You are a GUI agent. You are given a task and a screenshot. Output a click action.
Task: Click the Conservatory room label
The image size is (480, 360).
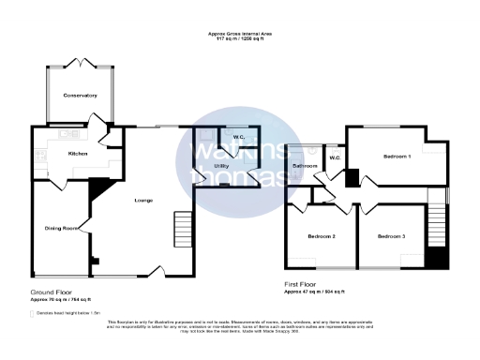pyautogui.click(x=81, y=96)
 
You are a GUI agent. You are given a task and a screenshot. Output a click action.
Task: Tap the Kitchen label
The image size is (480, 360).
pyautogui.click(x=78, y=154)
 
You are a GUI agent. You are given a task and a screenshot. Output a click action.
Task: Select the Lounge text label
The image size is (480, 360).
pyautogui.click(x=143, y=200)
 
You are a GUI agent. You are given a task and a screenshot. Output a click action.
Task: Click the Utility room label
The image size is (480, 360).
pyautogui.click(x=222, y=165)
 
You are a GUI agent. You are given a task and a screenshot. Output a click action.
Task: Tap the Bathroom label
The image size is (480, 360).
pyautogui.click(x=305, y=166)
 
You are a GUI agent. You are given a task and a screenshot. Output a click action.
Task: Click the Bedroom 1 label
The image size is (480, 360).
pyautogui.click(x=397, y=157)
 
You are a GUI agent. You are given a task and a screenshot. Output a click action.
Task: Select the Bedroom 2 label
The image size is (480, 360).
pyautogui.click(x=322, y=236)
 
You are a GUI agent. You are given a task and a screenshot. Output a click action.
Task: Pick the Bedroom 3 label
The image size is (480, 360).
pyautogui.click(x=392, y=236)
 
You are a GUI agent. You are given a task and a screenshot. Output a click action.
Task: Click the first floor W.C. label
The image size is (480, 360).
pyautogui.click(x=335, y=157)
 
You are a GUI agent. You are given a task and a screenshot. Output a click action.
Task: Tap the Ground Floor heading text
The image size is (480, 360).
pyautogui.click(x=52, y=292)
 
